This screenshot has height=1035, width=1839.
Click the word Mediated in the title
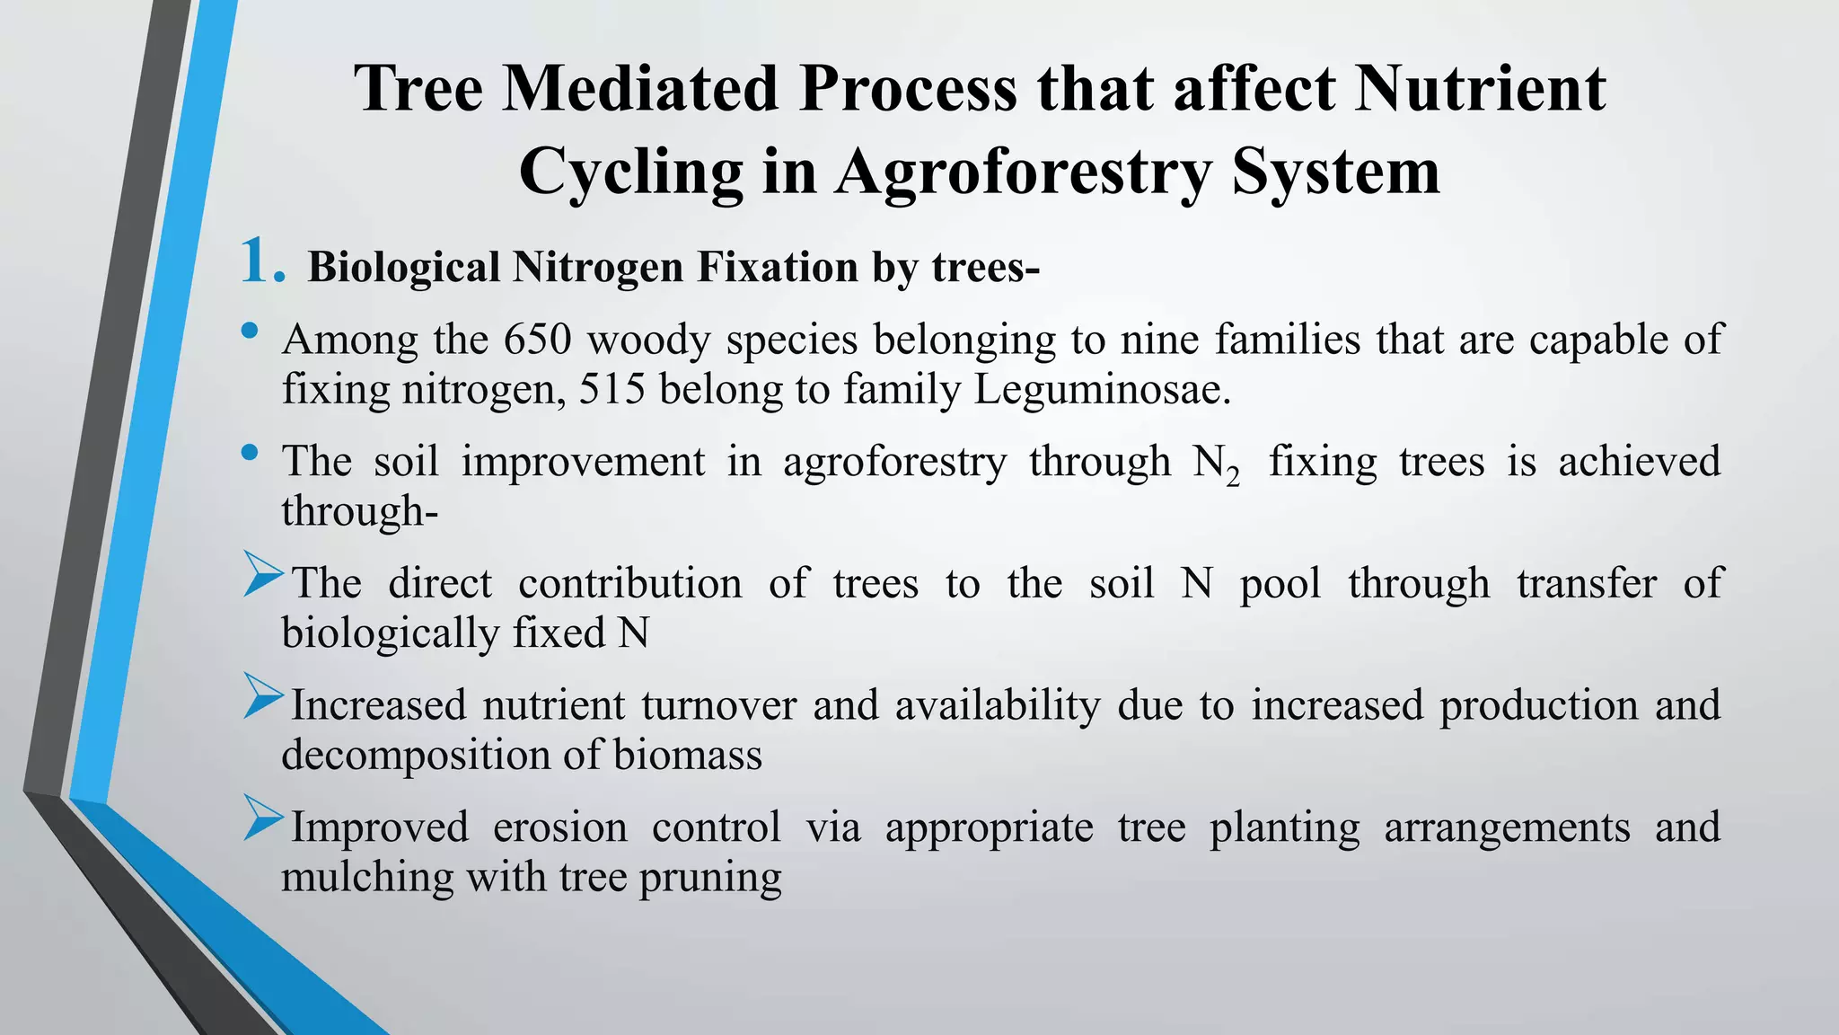click(x=639, y=88)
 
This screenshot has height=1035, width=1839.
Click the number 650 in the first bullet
click(x=537, y=340)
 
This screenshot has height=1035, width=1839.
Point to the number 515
click(x=612, y=389)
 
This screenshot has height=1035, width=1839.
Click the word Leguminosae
click(x=1102, y=389)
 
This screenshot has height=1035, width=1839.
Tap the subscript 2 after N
click(x=1233, y=478)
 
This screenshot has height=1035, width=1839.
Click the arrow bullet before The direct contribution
click(x=263, y=576)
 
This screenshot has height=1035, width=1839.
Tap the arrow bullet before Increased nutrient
click(x=263, y=697)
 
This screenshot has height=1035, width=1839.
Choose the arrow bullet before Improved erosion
click(x=263, y=819)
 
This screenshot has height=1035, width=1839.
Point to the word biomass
click(x=688, y=755)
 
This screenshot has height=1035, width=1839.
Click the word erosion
click(x=560, y=827)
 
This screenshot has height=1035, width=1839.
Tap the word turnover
click(x=718, y=705)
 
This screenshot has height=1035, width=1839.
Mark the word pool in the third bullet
click(x=1280, y=584)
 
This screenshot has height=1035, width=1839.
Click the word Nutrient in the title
click(x=1480, y=88)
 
